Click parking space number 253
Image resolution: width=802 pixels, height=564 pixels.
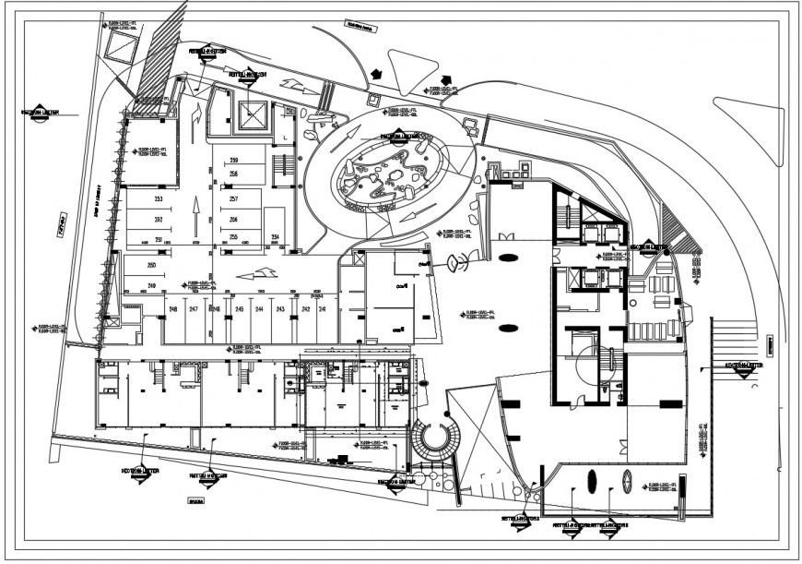(158, 199)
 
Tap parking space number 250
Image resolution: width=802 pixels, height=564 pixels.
(152, 266)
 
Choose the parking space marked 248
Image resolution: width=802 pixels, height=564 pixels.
(172, 308)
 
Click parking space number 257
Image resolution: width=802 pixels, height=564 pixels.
(233, 199)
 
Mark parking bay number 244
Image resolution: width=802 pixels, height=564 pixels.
(259, 308)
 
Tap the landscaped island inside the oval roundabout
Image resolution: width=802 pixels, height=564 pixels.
(392, 171)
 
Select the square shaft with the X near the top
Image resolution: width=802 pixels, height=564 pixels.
(252, 114)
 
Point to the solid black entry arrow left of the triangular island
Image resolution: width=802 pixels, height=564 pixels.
(376, 72)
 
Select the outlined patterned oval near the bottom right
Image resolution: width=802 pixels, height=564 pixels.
(628, 481)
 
